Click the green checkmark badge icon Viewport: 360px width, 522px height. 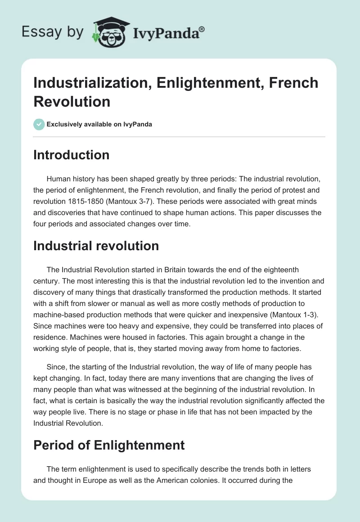[39, 124]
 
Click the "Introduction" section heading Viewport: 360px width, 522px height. [72, 155]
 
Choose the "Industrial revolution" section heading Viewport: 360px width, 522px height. [96, 246]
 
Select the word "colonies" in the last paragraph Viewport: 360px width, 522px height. [223, 480]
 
